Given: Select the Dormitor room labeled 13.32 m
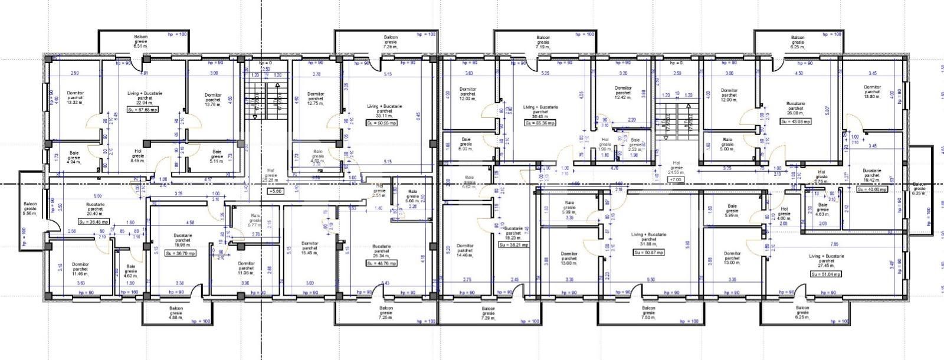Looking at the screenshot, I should pyautogui.click(x=75, y=98).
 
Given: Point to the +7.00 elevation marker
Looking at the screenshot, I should pyautogui.click(x=676, y=179).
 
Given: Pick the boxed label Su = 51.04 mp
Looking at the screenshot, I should pyautogui.click(x=826, y=274).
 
